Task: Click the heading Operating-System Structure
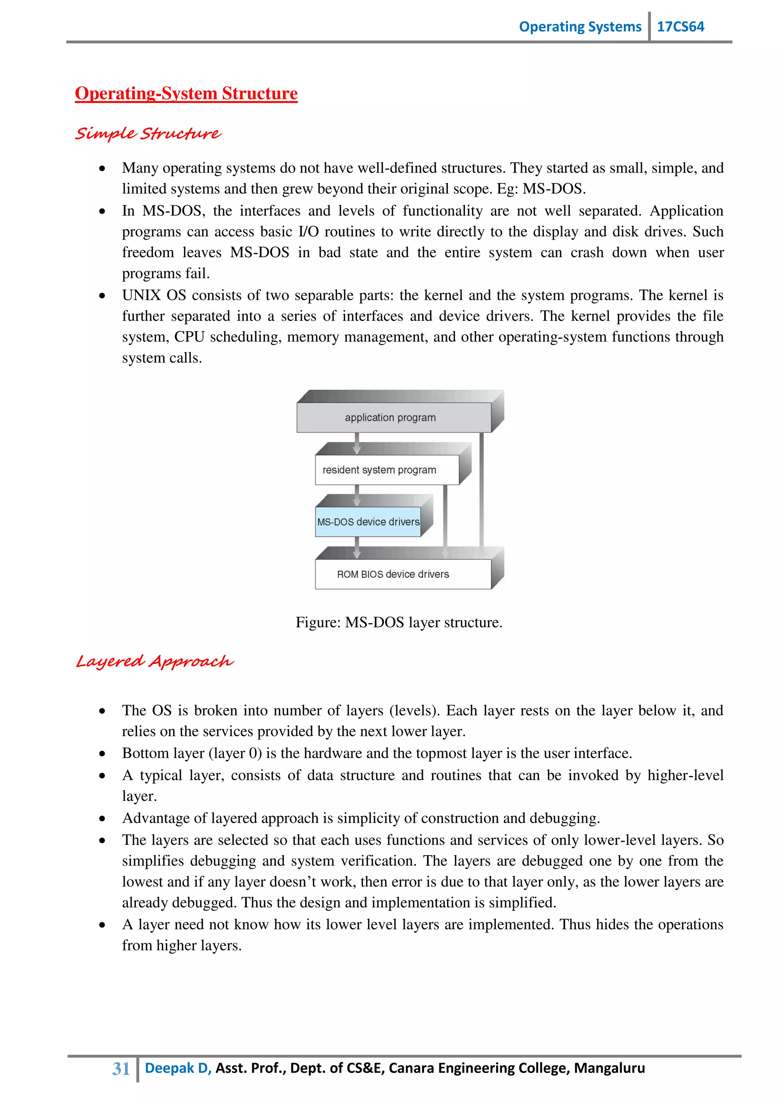pos(186,93)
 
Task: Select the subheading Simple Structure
pos(148,133)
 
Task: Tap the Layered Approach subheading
pos(154,661)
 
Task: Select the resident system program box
pos(386,470)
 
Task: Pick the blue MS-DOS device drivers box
pos(368,522)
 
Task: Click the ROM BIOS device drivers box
pos(403,574)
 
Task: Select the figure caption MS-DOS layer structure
pos(399,622)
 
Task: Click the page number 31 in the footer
pos(121,1068)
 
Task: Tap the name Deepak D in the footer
pos(177,1068)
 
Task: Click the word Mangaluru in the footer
pos(609,1068)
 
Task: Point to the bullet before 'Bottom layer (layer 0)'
pos(102,754)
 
